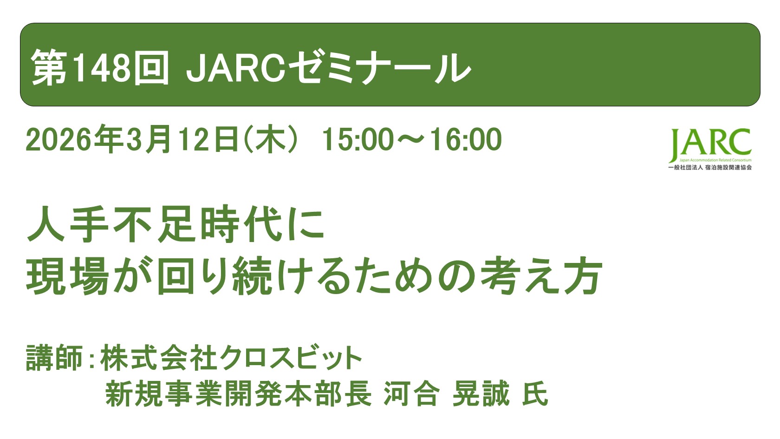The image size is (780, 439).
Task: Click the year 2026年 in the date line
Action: pyautogui.click(x=75, y=140)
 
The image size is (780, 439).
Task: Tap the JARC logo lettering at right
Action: pyautogui.click(x=710, y=144)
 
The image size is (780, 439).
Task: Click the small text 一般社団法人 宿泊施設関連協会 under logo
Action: pyautogui.click(x=710, y=167)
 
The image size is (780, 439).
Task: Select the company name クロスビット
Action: pyautogui.click(x=291, y=358)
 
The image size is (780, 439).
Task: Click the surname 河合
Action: pyautogui.click(x=411, y=394)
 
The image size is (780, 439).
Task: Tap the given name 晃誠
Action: pyautogui.click(x=481, y=394)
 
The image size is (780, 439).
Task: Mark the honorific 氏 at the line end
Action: pyautogui.click(x=535, y=394)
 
